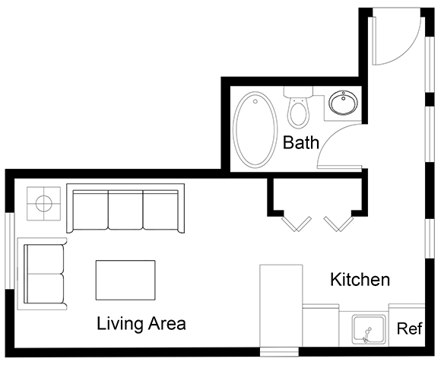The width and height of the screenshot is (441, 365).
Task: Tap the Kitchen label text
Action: pos(360,280)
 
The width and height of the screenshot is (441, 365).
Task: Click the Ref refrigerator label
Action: pos(410,329)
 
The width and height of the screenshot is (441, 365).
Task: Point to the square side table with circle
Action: pos(43,203)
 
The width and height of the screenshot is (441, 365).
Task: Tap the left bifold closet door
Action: pos(295,222)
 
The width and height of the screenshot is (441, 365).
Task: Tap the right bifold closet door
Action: pos(338,222)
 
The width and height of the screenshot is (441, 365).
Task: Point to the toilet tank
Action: pos(299,93)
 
